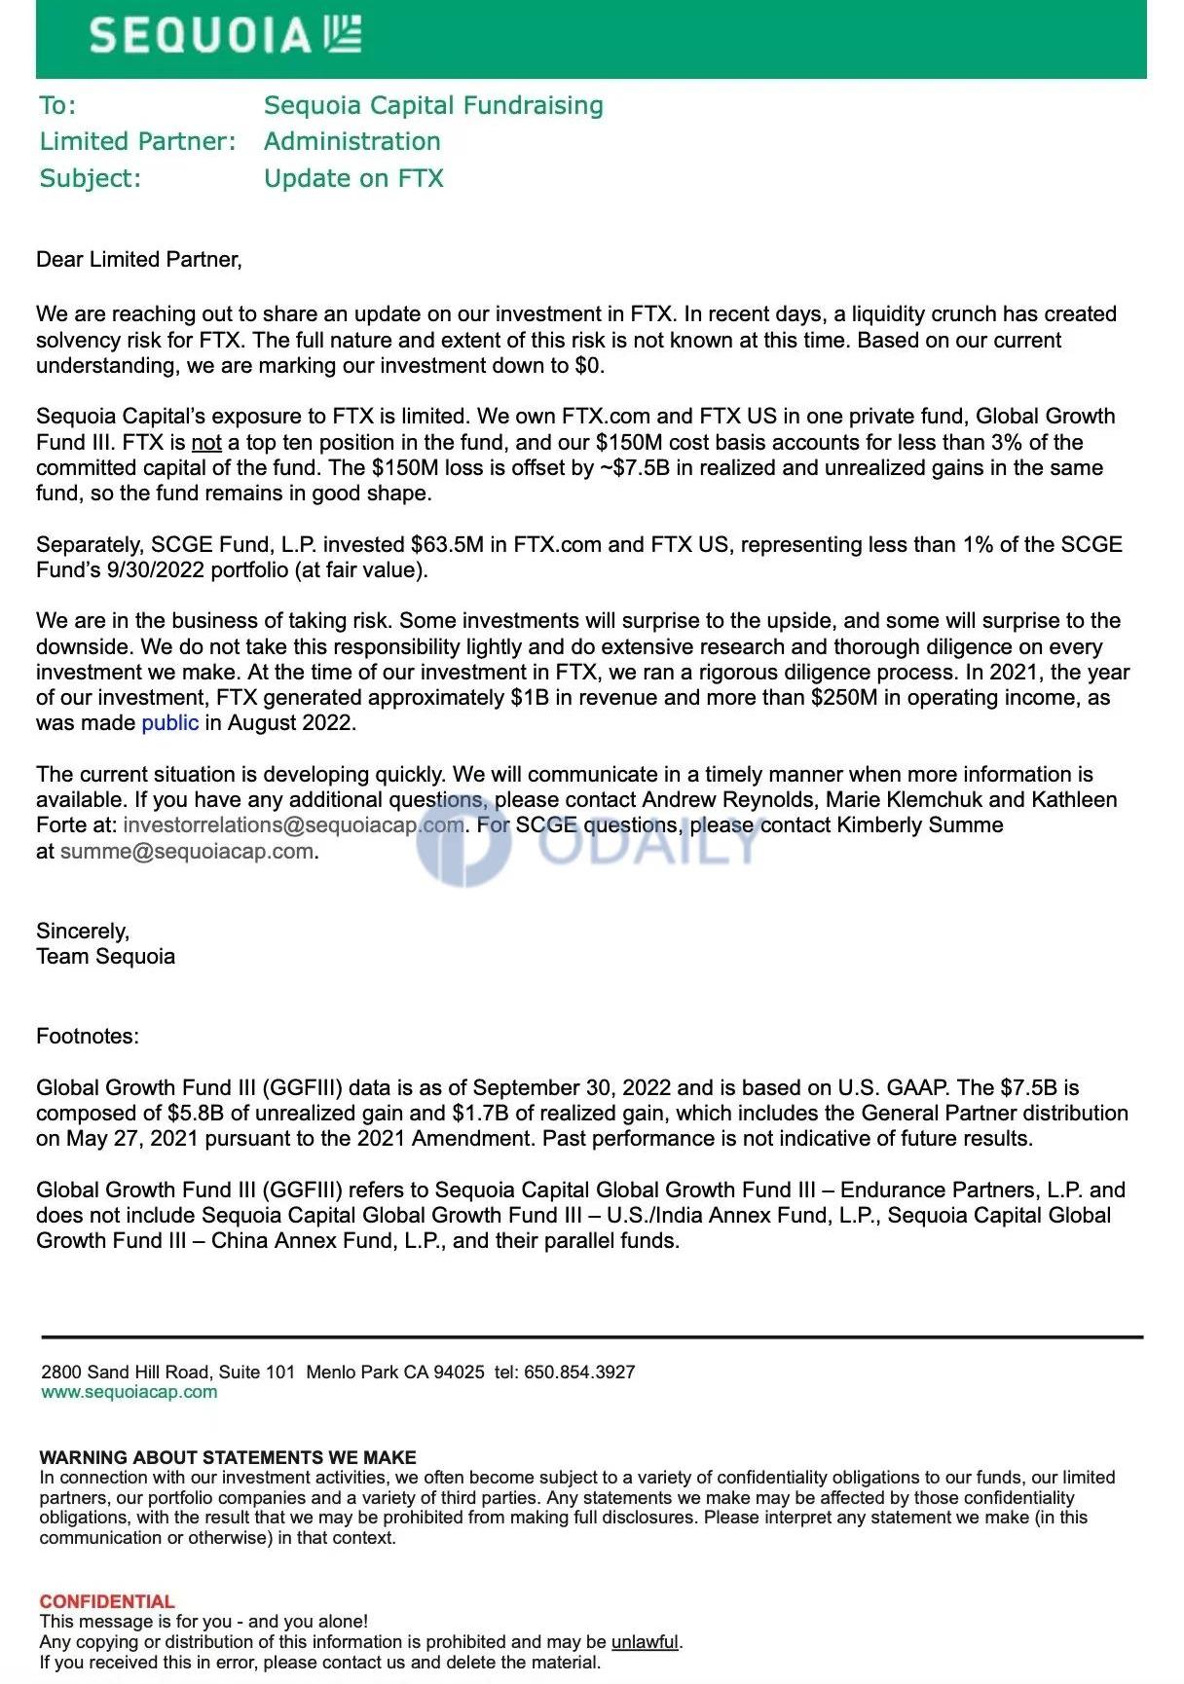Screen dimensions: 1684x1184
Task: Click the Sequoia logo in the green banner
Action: pos(225,36)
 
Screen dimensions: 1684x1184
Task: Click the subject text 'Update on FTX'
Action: pos(353,178)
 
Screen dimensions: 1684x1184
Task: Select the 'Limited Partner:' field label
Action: pos(137,141)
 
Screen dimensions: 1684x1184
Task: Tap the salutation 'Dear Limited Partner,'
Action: pos(138,259)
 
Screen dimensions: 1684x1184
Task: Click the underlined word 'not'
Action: pos(206,442)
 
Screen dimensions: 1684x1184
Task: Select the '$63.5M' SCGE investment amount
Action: pos(447,544)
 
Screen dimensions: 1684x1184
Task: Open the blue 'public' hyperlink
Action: pos(169,722)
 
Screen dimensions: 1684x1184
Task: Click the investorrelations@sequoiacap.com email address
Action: pos(293,824)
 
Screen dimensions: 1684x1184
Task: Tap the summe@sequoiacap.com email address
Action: pos(187,851)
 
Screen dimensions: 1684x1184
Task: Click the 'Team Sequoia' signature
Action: pos(105,956)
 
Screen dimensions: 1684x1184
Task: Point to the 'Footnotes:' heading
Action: pos(88,1036)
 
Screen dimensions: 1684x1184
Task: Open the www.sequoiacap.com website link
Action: pos(129,1392)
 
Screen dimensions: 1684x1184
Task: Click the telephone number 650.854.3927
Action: pos(579,1372)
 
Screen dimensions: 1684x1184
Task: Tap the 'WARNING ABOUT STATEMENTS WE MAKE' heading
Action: pos(228,1457)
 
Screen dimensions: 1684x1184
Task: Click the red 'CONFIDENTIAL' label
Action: pos(107,1601)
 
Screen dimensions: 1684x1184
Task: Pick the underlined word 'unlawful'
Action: pos(645,1642)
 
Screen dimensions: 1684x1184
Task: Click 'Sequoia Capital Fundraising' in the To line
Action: pos(433,105)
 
